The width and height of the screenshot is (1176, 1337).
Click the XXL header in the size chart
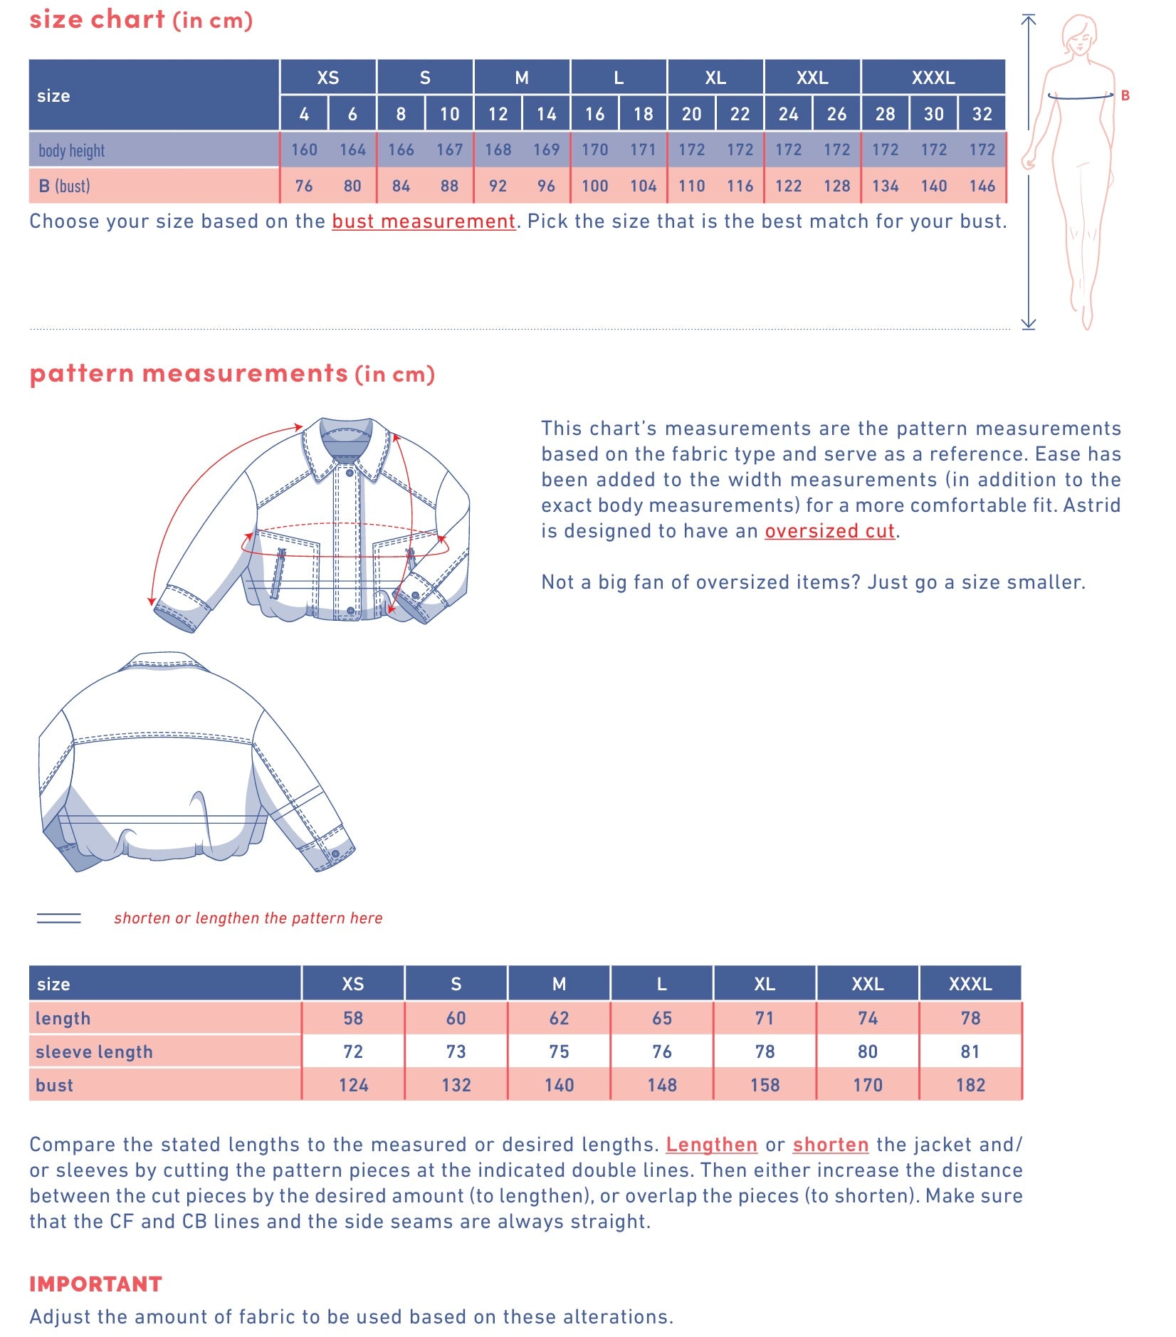point(812,78)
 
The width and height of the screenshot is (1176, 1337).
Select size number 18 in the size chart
point(643,114)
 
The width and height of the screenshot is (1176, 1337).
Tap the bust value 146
point(982,186)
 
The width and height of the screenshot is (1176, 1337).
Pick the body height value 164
point(352,150)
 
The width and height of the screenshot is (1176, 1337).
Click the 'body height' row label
point(71,150)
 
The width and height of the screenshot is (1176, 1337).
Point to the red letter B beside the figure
point(1125,95)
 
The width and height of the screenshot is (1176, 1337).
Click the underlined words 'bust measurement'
point(424,221)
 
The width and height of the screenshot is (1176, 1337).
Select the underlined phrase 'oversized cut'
point(829,531)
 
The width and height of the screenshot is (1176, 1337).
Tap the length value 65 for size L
point(661,1018)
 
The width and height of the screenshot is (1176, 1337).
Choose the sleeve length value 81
point(970,1052)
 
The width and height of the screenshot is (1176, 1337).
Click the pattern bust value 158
point(765,1085)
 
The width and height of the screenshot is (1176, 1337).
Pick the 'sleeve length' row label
point(94,1052)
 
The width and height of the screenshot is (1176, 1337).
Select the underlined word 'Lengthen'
point(711,1144)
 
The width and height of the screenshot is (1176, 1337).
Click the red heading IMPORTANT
point(95,1284)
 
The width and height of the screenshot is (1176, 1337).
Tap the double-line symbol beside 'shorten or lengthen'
point(58,918)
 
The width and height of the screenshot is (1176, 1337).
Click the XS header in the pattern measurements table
point(352,984)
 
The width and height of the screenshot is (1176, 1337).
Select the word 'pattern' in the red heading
point(81,373)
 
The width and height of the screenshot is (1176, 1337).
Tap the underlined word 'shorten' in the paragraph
point(831,1144)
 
